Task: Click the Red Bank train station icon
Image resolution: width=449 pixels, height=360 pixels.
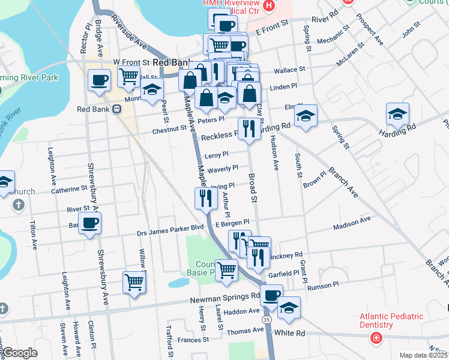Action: point(116,109)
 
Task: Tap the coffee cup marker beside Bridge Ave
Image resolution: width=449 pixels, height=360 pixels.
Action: point(99,80)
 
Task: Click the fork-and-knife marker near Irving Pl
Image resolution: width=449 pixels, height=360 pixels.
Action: point(206,198)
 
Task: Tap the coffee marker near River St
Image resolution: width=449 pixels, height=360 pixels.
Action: point(90,224)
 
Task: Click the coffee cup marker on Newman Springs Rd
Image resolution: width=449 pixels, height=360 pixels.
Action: point(271,296)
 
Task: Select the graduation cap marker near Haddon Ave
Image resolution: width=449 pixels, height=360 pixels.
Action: point(289,307)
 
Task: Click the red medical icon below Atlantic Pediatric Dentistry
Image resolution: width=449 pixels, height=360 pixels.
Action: point(376,338)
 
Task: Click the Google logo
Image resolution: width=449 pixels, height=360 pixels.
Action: point(20,353)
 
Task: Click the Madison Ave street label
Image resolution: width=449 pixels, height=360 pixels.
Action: point(352,224)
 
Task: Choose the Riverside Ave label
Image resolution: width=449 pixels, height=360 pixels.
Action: point(128,36)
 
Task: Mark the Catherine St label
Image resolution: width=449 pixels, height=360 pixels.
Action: point(70,190)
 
